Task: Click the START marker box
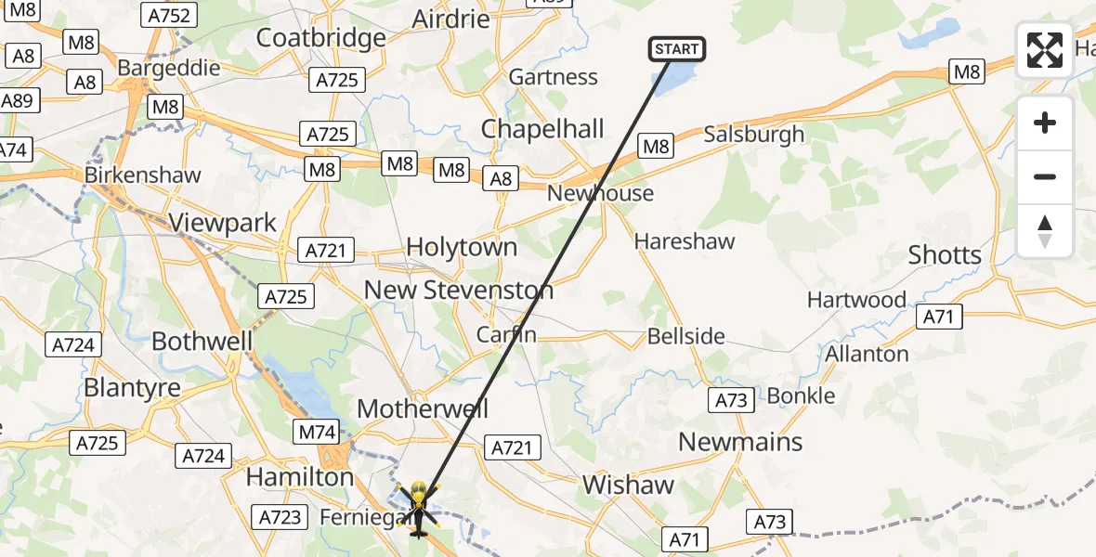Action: [x=677, y=49]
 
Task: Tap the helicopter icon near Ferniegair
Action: [x=417, y=509]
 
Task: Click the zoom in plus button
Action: [x=1045, y=123]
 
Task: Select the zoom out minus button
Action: [x=1045, y=176]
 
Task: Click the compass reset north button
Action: [x=1045, y=230]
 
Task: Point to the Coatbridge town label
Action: [x=320, y=38]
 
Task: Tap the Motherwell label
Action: [x=423, y=408]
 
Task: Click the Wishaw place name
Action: [x=628, y=485]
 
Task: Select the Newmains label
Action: [x=740, y=442]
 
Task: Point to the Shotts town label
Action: [x=945, y=255]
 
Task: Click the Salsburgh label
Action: [x=754, y=135]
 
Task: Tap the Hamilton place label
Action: [x=299, y=477]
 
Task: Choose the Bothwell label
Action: [x=202, y=341]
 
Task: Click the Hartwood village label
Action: [x=856, y=300]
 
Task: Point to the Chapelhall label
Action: [x=542, y=129]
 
